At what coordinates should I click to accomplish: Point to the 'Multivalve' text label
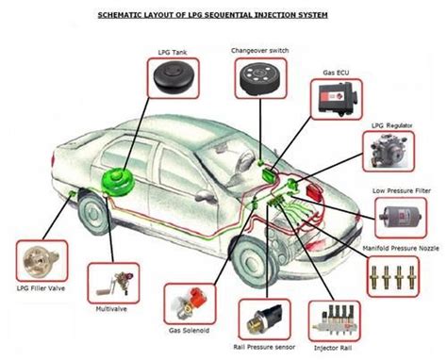[x=109, y=308]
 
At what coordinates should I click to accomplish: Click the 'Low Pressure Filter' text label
[x=401, y=189]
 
